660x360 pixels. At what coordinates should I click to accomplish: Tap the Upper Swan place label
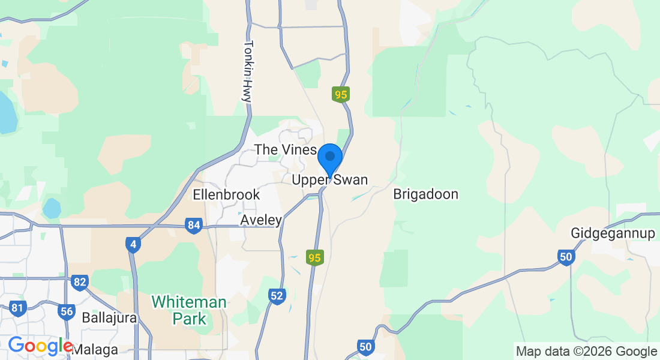pos(329,180)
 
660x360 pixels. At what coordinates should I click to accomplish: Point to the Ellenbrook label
pos(226,194)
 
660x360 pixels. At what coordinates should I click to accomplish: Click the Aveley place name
pos(261,221)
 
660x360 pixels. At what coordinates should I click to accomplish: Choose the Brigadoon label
pos(426,194)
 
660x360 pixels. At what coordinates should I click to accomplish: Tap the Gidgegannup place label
pos(613,233)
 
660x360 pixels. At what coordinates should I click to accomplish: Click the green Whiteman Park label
pos(189,310)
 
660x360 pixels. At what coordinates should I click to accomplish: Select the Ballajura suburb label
pos(109,317)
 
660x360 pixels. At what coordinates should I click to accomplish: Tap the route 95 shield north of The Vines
pos(341,94)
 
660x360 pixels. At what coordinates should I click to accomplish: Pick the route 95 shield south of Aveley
pos(314,258)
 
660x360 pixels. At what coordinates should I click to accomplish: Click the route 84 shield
pos(193,226)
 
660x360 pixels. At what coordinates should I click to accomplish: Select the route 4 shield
pos(133,245)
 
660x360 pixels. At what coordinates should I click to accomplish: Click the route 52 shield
pos(277,296)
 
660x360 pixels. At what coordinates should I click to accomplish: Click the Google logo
pos(40,346)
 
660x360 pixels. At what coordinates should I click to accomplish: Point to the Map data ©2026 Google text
pos(586,351)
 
